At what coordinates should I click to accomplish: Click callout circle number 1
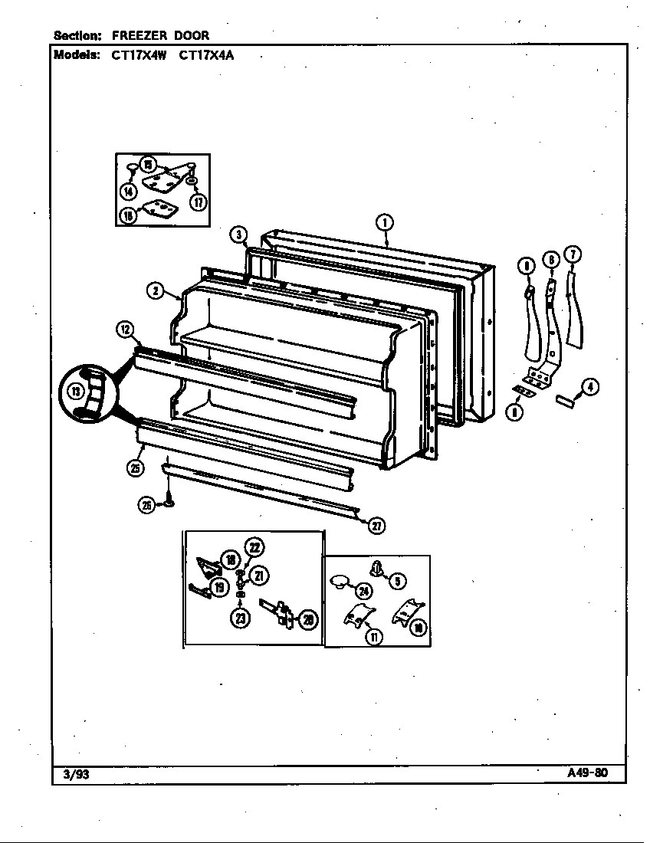click(x=384, y=223)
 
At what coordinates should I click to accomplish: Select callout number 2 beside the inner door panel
click(x=155, y=290)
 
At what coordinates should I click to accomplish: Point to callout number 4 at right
click(x=589, y=387)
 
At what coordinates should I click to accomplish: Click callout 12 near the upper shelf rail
click(x=125, y=330)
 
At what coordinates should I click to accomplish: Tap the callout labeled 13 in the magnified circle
click(x=75, y=392)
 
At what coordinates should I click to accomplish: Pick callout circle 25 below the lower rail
click(x=134, y=470)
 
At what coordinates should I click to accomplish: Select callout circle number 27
click(x=376, y=526)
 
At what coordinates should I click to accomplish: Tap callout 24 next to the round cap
click(x=363, y=590)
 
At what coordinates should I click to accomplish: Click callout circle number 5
click(x=397, y=581)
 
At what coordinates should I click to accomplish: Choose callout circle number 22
click(x=254, y=546)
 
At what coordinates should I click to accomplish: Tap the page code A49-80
click(x=587, y=772)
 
